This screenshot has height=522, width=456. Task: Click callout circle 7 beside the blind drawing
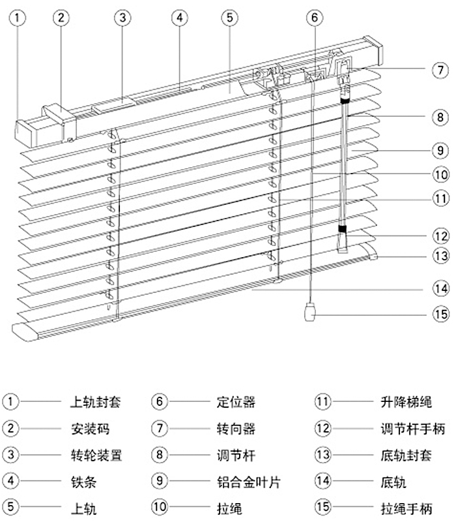pos(440,70)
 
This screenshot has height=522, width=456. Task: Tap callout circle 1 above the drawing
pos(18,18)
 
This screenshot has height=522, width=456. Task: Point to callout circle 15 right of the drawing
pos(441,315)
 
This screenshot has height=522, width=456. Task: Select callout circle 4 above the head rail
pos(180,18)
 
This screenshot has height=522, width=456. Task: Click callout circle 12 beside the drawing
pos(441,236)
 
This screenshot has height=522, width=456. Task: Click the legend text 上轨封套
pos(95,402)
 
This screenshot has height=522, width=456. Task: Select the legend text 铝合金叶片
pos(249,482)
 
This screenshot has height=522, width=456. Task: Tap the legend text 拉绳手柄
pos(406,508)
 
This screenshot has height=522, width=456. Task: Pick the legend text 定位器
pos(236,402)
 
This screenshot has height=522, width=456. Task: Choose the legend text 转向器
pos(236,429)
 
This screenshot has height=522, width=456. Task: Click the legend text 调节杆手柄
pos(413,429)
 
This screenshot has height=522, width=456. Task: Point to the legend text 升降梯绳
pos(406,402)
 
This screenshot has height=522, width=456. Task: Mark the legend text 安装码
pos(90,429)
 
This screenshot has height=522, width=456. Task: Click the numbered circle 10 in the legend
pos(160,507)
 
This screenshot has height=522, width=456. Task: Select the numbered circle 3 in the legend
pos(10,454)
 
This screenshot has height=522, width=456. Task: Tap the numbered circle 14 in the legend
pos(322,481)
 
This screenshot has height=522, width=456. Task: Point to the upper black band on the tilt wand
pos(345,100)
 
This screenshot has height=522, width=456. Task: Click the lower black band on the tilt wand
pos(343,229)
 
